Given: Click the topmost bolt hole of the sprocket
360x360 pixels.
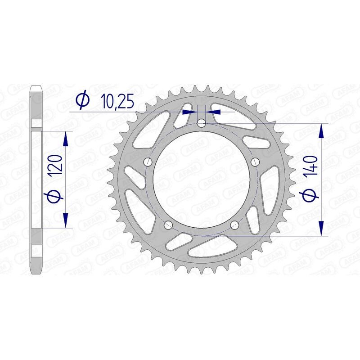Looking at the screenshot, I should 202,123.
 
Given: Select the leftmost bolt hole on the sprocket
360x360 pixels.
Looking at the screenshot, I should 147,162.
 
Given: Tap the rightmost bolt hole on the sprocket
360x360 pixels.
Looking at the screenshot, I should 256,162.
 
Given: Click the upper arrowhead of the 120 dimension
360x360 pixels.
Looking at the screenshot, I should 66,139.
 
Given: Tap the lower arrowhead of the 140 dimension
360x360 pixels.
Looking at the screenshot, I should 321,228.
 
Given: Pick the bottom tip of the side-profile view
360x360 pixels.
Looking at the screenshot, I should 36,273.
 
